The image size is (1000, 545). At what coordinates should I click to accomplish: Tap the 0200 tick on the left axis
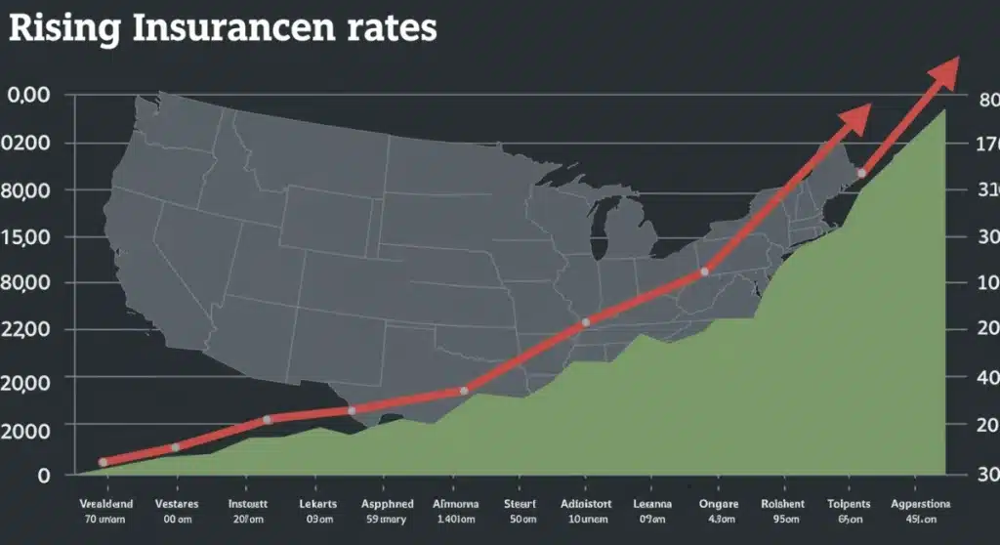[28, 144]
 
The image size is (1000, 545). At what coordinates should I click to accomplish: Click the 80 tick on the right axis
[987, 100]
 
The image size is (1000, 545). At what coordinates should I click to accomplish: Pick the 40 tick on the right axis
[987, 378]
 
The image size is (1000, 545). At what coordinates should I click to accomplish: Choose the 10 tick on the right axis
[987, 284]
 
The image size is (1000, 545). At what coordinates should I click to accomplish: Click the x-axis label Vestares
[177, 504]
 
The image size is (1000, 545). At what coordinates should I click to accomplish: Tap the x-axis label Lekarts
[319, 504]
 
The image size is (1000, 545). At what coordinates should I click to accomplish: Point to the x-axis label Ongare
[720, 504]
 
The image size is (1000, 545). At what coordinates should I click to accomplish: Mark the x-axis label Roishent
[782, 504]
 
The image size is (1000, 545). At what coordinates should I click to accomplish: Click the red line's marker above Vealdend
[104, 462]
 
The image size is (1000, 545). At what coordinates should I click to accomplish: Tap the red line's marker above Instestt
[267, 420]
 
